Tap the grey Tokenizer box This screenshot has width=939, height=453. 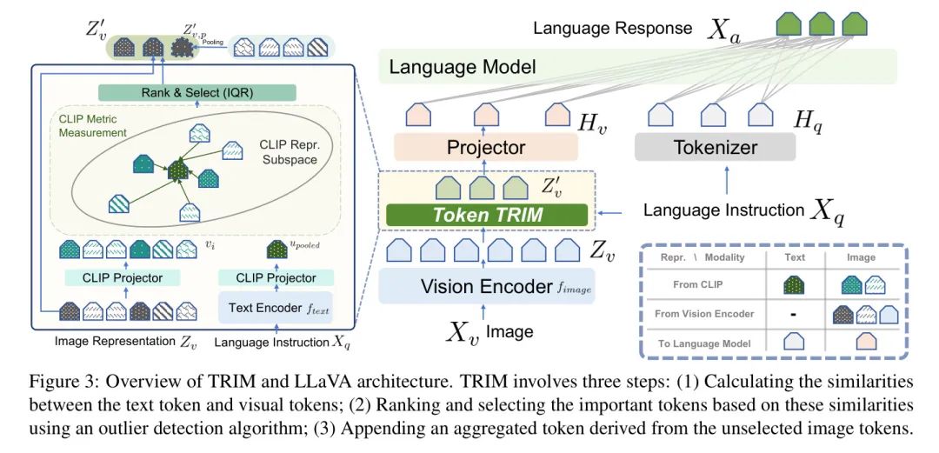(714, 148)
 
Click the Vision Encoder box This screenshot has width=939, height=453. (485, 285)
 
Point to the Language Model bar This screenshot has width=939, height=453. (635, 66)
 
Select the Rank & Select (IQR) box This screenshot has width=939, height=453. (198, 92)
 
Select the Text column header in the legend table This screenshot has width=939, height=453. (794, 257)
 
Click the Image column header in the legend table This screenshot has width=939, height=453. (862, 257)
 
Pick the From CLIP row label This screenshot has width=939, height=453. (697, 284)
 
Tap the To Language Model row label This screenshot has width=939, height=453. (697, 343)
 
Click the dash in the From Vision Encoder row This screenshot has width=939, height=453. (794, 314)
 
